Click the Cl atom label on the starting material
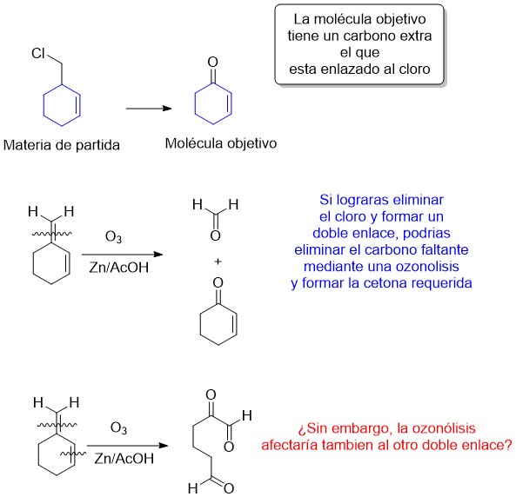(x=38, y=53)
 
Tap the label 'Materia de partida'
(x=62, y=145)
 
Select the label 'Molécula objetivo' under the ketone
(x=221, y=143)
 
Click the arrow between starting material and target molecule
(x=149, y=108)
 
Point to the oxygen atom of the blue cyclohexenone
(x=213, y=62)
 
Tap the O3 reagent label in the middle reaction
(x=113, y=237)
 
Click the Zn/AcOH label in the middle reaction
(x=119, y=268)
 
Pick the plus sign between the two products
(x=218, y=262)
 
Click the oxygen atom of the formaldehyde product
(x=215, y=235)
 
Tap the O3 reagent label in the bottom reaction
(x=118, y=428)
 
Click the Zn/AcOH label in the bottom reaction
(x=124, y=459)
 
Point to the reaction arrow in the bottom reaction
(x=128, y=446)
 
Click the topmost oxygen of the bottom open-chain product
(x=211, y=394)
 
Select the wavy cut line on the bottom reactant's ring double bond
(x=73, y=454)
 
